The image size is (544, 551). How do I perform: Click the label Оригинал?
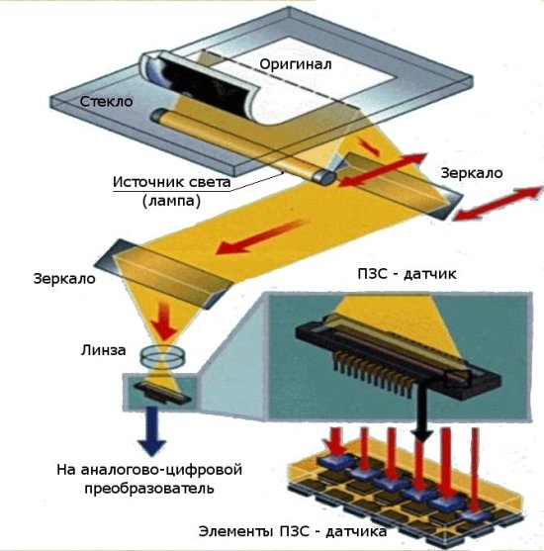pos(295,64)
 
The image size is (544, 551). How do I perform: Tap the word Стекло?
pos(106,102)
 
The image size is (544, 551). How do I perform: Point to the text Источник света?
pos(171,182)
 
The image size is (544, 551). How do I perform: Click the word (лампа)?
pos(171,201)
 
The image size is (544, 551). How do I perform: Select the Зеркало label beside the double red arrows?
pos(472,173)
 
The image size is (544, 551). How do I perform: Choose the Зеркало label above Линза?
pos(64,279)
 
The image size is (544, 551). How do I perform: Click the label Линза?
pos(103,350)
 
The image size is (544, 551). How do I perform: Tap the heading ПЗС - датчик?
pos(407,274)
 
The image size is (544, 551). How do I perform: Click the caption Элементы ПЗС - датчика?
pos(293,531)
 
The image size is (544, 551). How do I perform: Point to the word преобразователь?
pos(149,489)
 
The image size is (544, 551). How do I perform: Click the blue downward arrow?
pos(151,431)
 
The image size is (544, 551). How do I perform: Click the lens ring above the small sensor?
pos(162,355)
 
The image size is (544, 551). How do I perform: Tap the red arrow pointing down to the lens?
pos(163,322)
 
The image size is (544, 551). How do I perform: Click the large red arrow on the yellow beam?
pos(262,236)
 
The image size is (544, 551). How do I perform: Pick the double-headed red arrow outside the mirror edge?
pos(497,204)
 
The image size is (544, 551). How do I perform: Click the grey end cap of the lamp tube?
pos(324,176)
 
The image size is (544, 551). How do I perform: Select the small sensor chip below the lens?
pos(162,393)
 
